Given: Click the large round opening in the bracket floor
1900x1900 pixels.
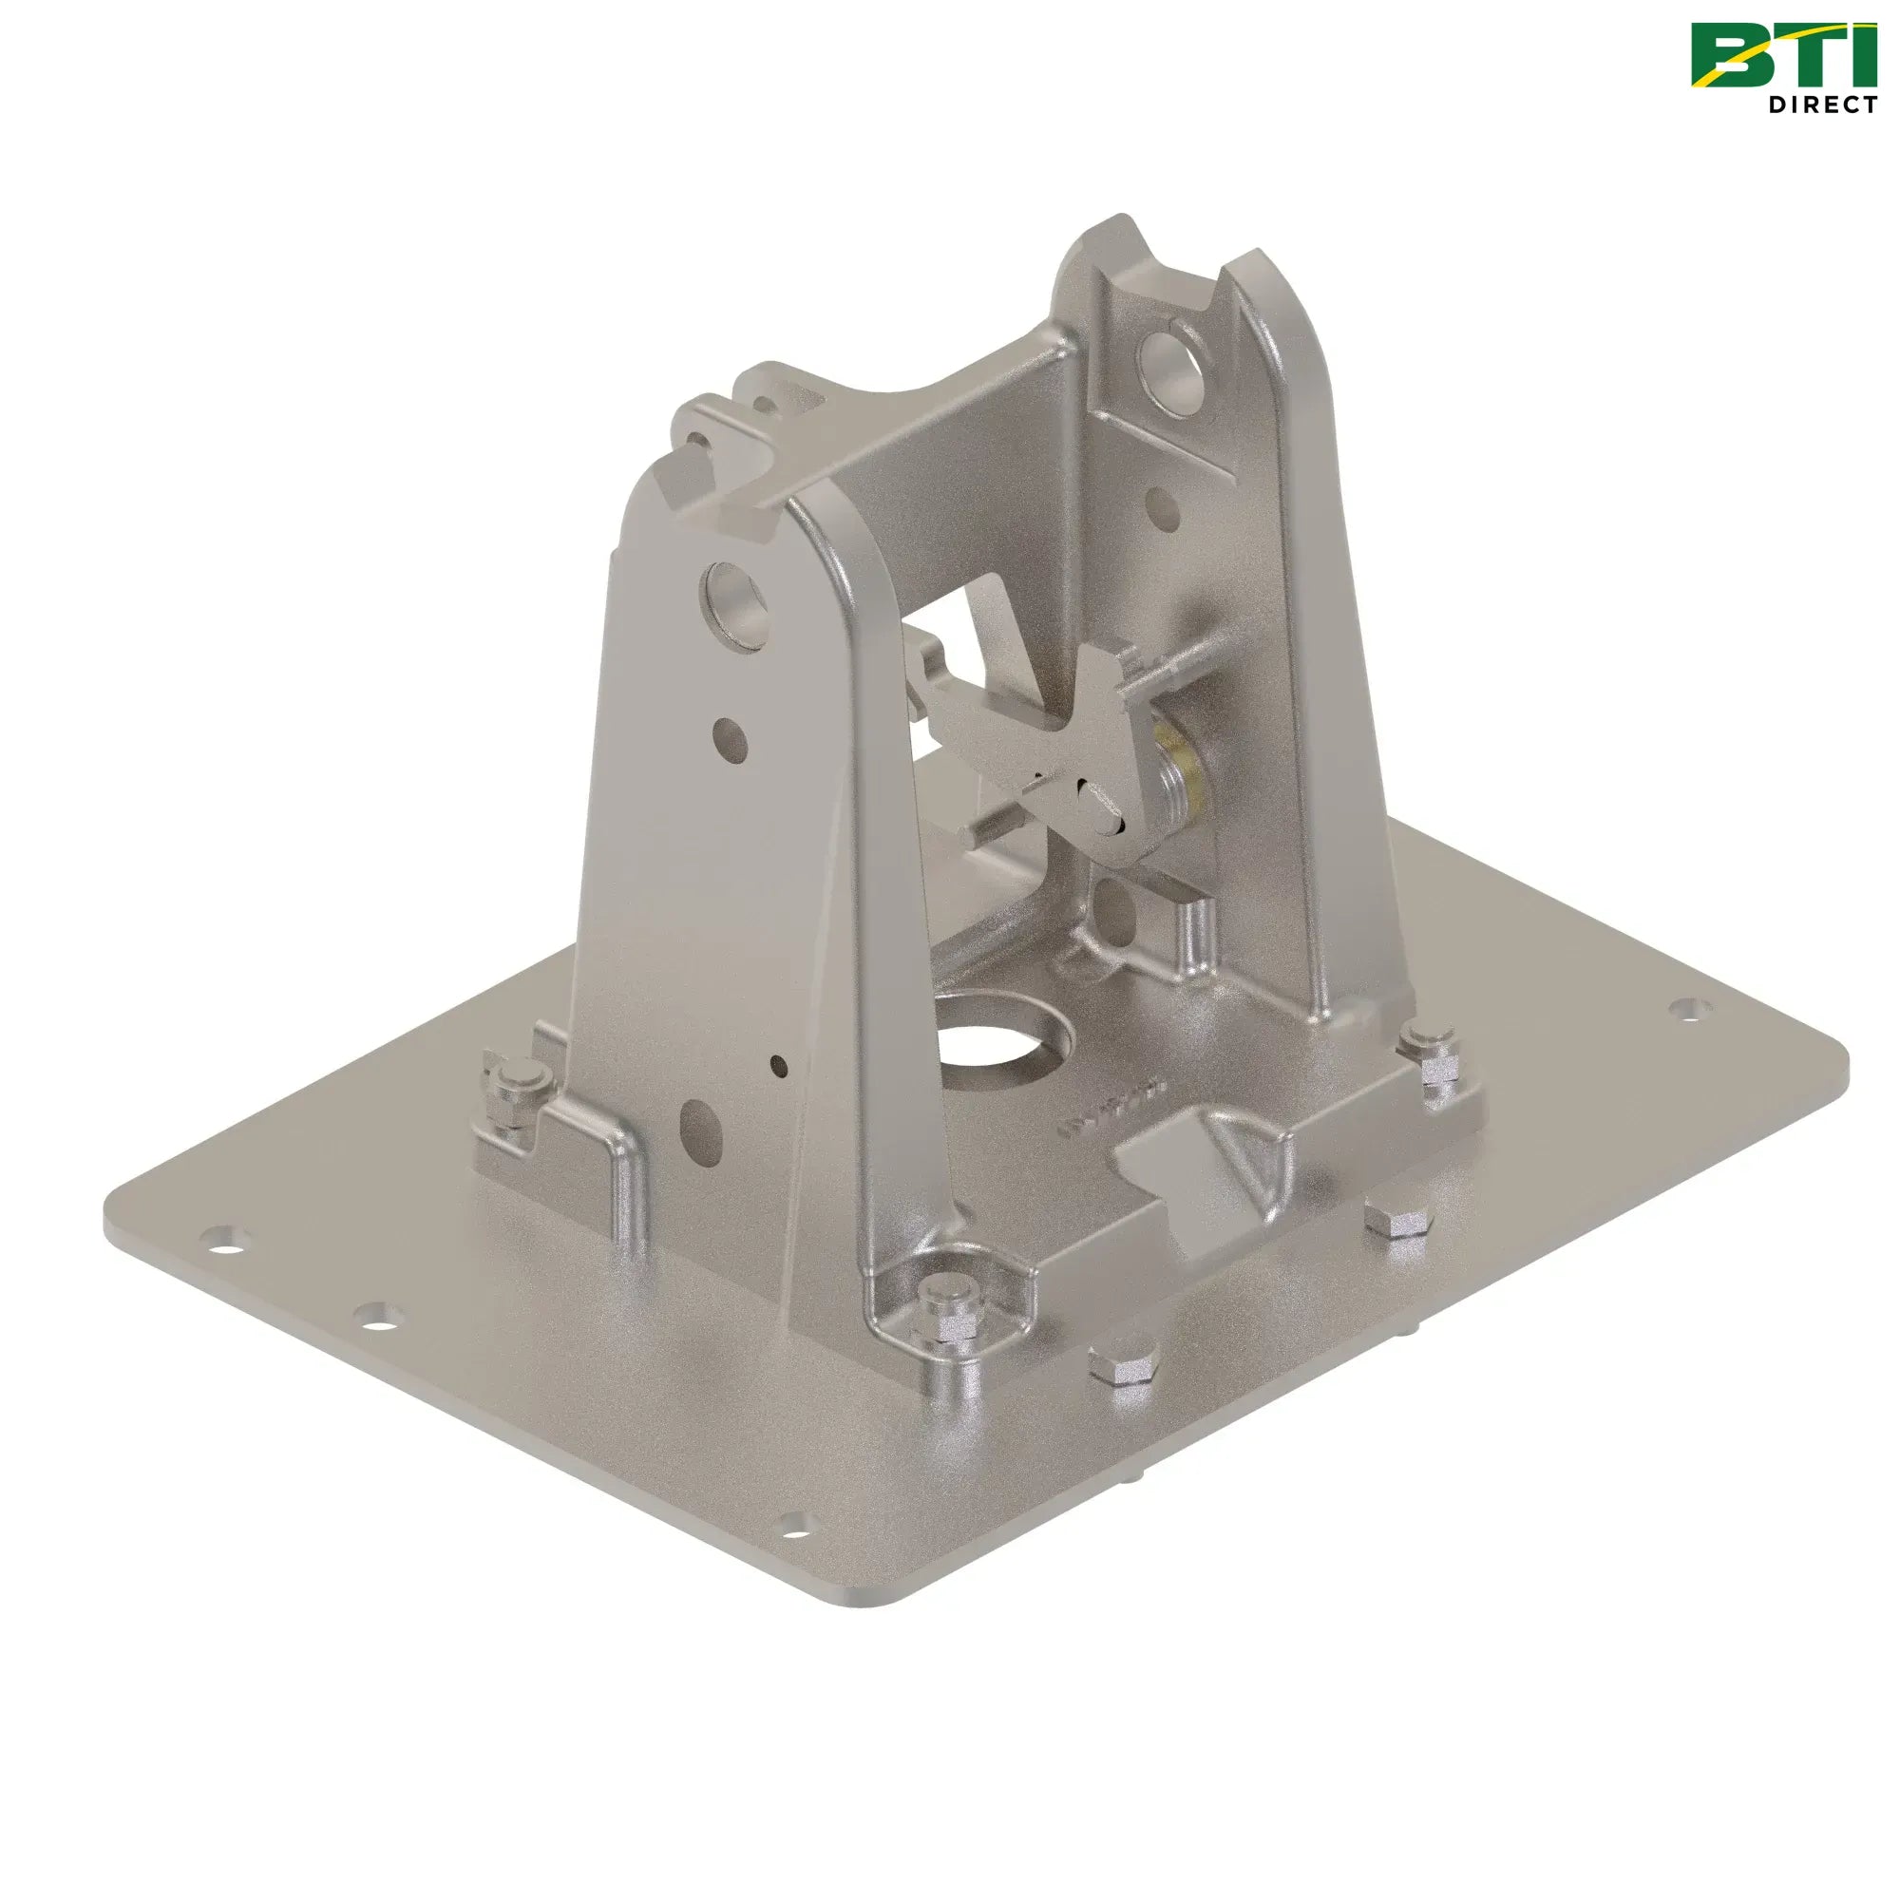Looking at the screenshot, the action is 1001,1043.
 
